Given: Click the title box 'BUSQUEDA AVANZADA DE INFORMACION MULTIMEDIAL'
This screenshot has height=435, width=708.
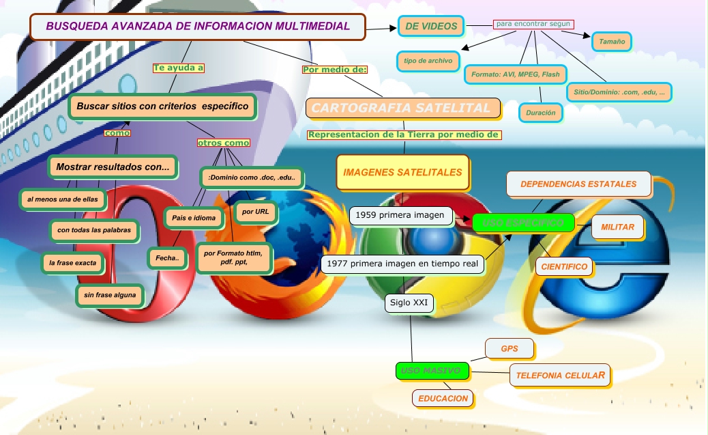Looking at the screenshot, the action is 198,27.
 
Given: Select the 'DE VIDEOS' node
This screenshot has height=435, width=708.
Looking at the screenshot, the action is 431,27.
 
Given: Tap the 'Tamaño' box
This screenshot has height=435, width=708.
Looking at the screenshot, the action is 612,42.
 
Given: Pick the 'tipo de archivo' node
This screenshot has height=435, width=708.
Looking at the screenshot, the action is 428,61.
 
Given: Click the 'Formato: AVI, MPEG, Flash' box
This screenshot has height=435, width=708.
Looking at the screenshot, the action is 515,74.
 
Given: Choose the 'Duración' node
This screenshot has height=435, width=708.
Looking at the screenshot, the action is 541,113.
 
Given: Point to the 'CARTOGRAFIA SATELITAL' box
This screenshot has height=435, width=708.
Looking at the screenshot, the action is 402,108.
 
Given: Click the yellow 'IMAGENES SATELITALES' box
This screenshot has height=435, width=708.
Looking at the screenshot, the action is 402,173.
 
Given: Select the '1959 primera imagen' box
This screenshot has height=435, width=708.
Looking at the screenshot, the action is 401,216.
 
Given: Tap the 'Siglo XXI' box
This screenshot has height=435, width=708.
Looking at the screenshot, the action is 408,303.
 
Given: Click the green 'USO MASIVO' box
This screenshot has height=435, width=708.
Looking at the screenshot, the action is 432,371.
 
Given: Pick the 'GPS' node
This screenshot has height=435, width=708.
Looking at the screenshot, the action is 510,348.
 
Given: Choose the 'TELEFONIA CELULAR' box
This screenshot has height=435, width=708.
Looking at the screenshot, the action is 559,375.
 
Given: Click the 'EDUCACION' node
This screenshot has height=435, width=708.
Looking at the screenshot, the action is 443,398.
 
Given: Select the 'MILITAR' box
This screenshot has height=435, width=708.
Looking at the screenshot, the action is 617,227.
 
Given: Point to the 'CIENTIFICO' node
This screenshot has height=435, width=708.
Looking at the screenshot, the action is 565,266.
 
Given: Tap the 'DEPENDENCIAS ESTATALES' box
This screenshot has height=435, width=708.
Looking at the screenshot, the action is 578,184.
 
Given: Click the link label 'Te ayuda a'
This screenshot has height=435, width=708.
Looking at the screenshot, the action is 179,68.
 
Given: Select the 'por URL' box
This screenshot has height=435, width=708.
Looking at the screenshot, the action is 256,212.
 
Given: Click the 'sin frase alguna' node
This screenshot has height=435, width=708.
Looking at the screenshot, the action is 110,296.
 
